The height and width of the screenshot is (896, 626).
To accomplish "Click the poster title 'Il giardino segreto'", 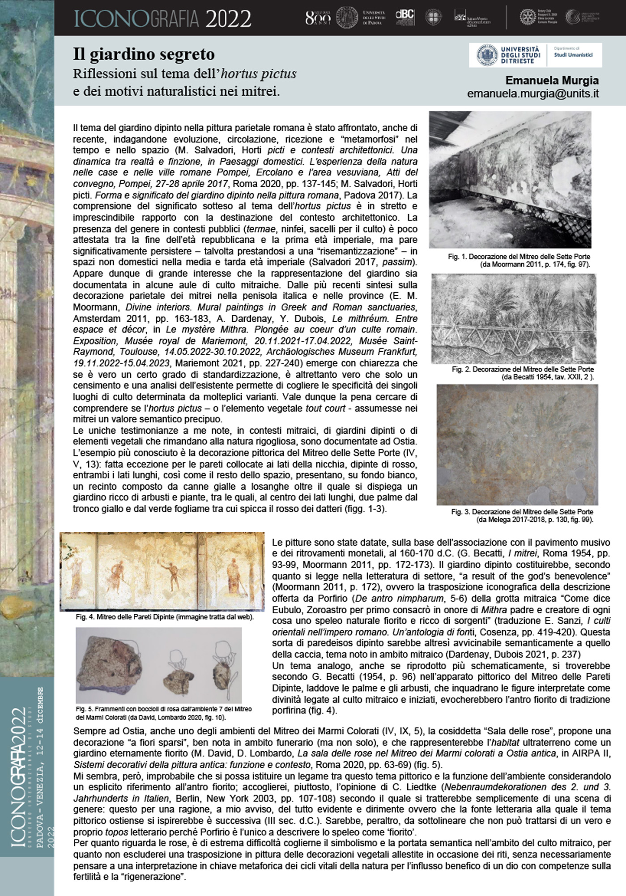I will (x=144, y=55).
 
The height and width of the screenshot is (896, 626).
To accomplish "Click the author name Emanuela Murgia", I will (x=552, y=81).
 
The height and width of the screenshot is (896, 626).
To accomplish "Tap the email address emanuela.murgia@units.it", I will (x=532, y=94).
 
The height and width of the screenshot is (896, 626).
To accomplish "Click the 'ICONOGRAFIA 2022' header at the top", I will (x=162, y=19).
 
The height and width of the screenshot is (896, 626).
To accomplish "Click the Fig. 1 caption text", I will (x=519, y=260).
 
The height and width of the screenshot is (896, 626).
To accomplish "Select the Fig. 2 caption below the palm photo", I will (x=523, y=373).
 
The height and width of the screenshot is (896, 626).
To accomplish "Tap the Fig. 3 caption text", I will (x=522, y=515).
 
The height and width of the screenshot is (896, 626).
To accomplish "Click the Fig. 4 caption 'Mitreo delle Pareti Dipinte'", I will (x=165, y=617).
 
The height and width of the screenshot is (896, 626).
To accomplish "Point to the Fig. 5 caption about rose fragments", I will (x=164, y=713).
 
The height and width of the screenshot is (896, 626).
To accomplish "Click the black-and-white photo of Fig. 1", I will (x=510, y=179).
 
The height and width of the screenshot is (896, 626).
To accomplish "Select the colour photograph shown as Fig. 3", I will (x=517, y=444).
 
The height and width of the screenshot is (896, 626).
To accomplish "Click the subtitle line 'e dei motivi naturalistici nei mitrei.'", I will (x=176, y=91).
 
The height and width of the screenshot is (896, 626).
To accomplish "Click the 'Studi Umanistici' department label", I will (x=573, y=55).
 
